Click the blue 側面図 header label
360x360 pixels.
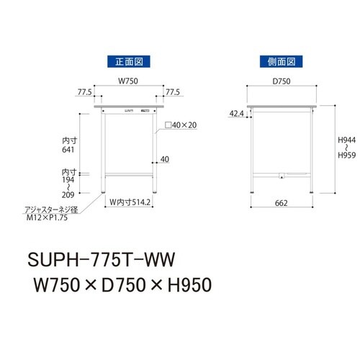point(281,61)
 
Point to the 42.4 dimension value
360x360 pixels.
point(237,113)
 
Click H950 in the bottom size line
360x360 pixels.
point(184,285)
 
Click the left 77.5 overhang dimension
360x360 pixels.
point(84,93)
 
